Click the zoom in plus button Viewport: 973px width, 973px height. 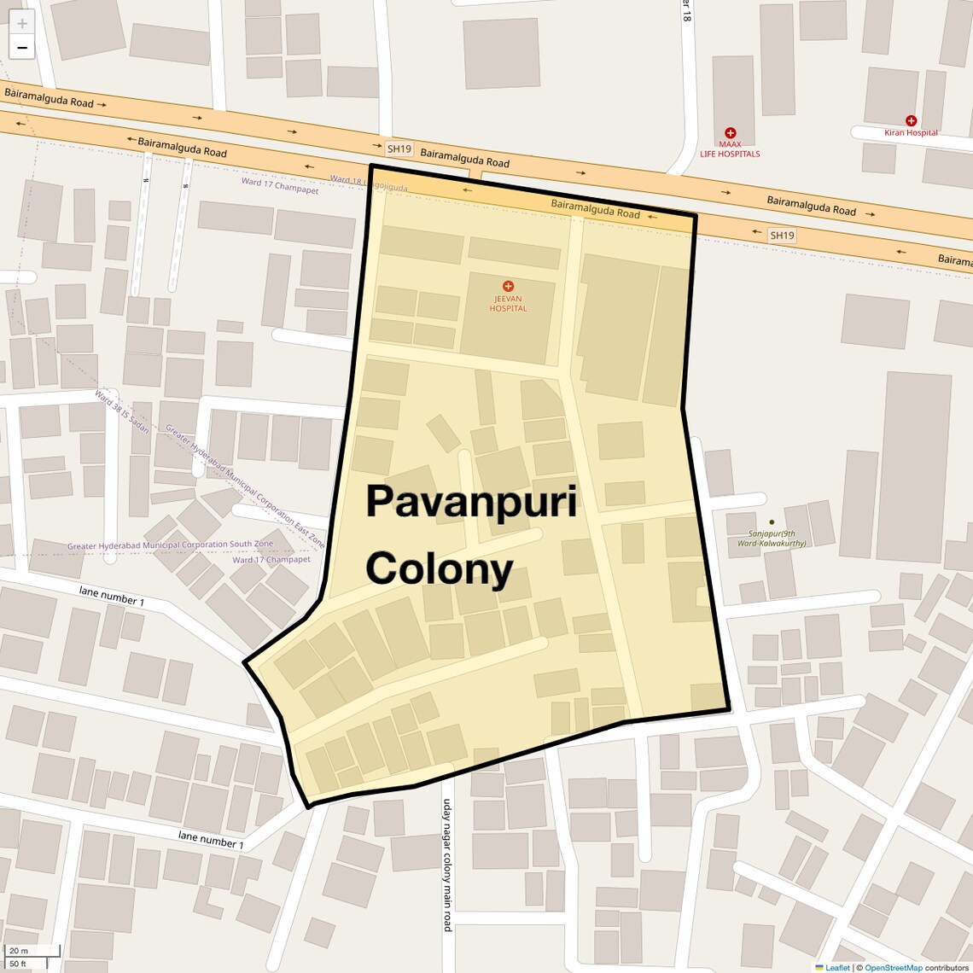pyautogui.click(x=22, y=24)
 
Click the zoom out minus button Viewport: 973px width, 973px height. pyautogui.click(x=22, y=48)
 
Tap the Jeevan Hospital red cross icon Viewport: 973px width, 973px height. pyautogui.click(x=508, y=286)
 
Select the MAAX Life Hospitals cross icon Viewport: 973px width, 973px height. pyautogui.click(x=730, y=133)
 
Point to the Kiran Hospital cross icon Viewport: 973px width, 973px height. pyautogui.click(x=911, y=121)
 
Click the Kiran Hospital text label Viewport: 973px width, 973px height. pyautogui.click(x=911, y=133)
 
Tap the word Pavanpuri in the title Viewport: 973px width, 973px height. pyautogui.click(x=471, y=502)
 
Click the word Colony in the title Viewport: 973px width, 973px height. pyautogui.click(x=440, y=568)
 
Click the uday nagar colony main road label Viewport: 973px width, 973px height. pyautogui.click(x=446, y=865)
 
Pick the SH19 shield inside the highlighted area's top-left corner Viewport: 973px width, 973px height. pyautogui.click(x=399, y=149)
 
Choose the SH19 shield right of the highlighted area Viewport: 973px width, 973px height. pyautogui.click(x=781, y=236)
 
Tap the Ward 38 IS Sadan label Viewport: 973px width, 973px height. pyautogui.click(x=122, y=411)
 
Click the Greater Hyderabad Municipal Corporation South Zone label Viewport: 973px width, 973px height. pyautogui.click(x=171, y=545)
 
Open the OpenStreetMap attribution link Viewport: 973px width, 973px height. pyautogui.click(x=893, y=967)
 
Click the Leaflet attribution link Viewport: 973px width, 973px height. pyautogui.click(x=837, y=967)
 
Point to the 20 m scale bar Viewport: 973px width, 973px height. pyautogui.click(x=32, y=951)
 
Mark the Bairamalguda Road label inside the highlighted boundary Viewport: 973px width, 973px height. pyautogui.click(x=595, y=209)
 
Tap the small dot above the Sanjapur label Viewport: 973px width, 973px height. pyautogui.click(x=772, y=521)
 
